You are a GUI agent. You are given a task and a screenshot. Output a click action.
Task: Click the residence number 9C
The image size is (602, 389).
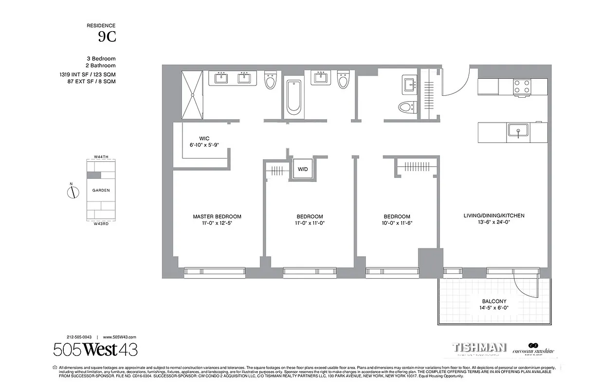coord(107,36)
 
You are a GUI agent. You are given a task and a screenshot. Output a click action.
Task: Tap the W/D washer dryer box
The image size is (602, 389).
coord(303,169)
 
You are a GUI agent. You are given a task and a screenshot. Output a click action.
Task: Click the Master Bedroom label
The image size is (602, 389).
coord(217,217)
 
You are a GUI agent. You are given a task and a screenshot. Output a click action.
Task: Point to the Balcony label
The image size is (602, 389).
coord(494,301)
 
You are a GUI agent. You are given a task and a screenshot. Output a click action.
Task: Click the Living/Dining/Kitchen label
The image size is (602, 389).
coord(494,215)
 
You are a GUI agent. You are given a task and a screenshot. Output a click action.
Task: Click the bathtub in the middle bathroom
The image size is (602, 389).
coord(293,97)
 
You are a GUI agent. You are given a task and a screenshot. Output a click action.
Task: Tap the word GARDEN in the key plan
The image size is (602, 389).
coord(101,191)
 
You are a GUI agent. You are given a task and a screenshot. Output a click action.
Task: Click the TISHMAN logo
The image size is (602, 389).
coord(479,348)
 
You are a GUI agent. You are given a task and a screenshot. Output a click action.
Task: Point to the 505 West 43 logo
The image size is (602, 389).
coord(95,350)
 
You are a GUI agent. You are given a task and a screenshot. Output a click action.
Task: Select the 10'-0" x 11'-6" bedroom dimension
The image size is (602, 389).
coord(397,223)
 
